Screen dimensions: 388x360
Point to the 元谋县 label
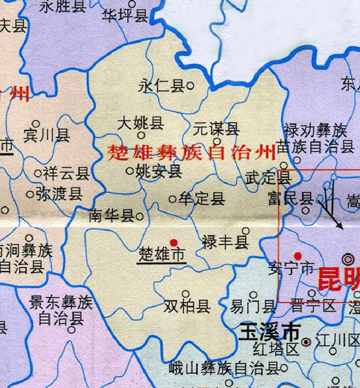216,128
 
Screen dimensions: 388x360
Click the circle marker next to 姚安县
129,171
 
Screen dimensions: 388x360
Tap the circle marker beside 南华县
140,216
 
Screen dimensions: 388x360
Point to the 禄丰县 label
225,243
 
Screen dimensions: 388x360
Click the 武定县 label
268,178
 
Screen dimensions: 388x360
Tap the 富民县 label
291,199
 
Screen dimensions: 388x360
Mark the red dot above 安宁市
298,256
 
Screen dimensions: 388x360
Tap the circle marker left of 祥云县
38,174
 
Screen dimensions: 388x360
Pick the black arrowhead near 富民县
340,226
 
